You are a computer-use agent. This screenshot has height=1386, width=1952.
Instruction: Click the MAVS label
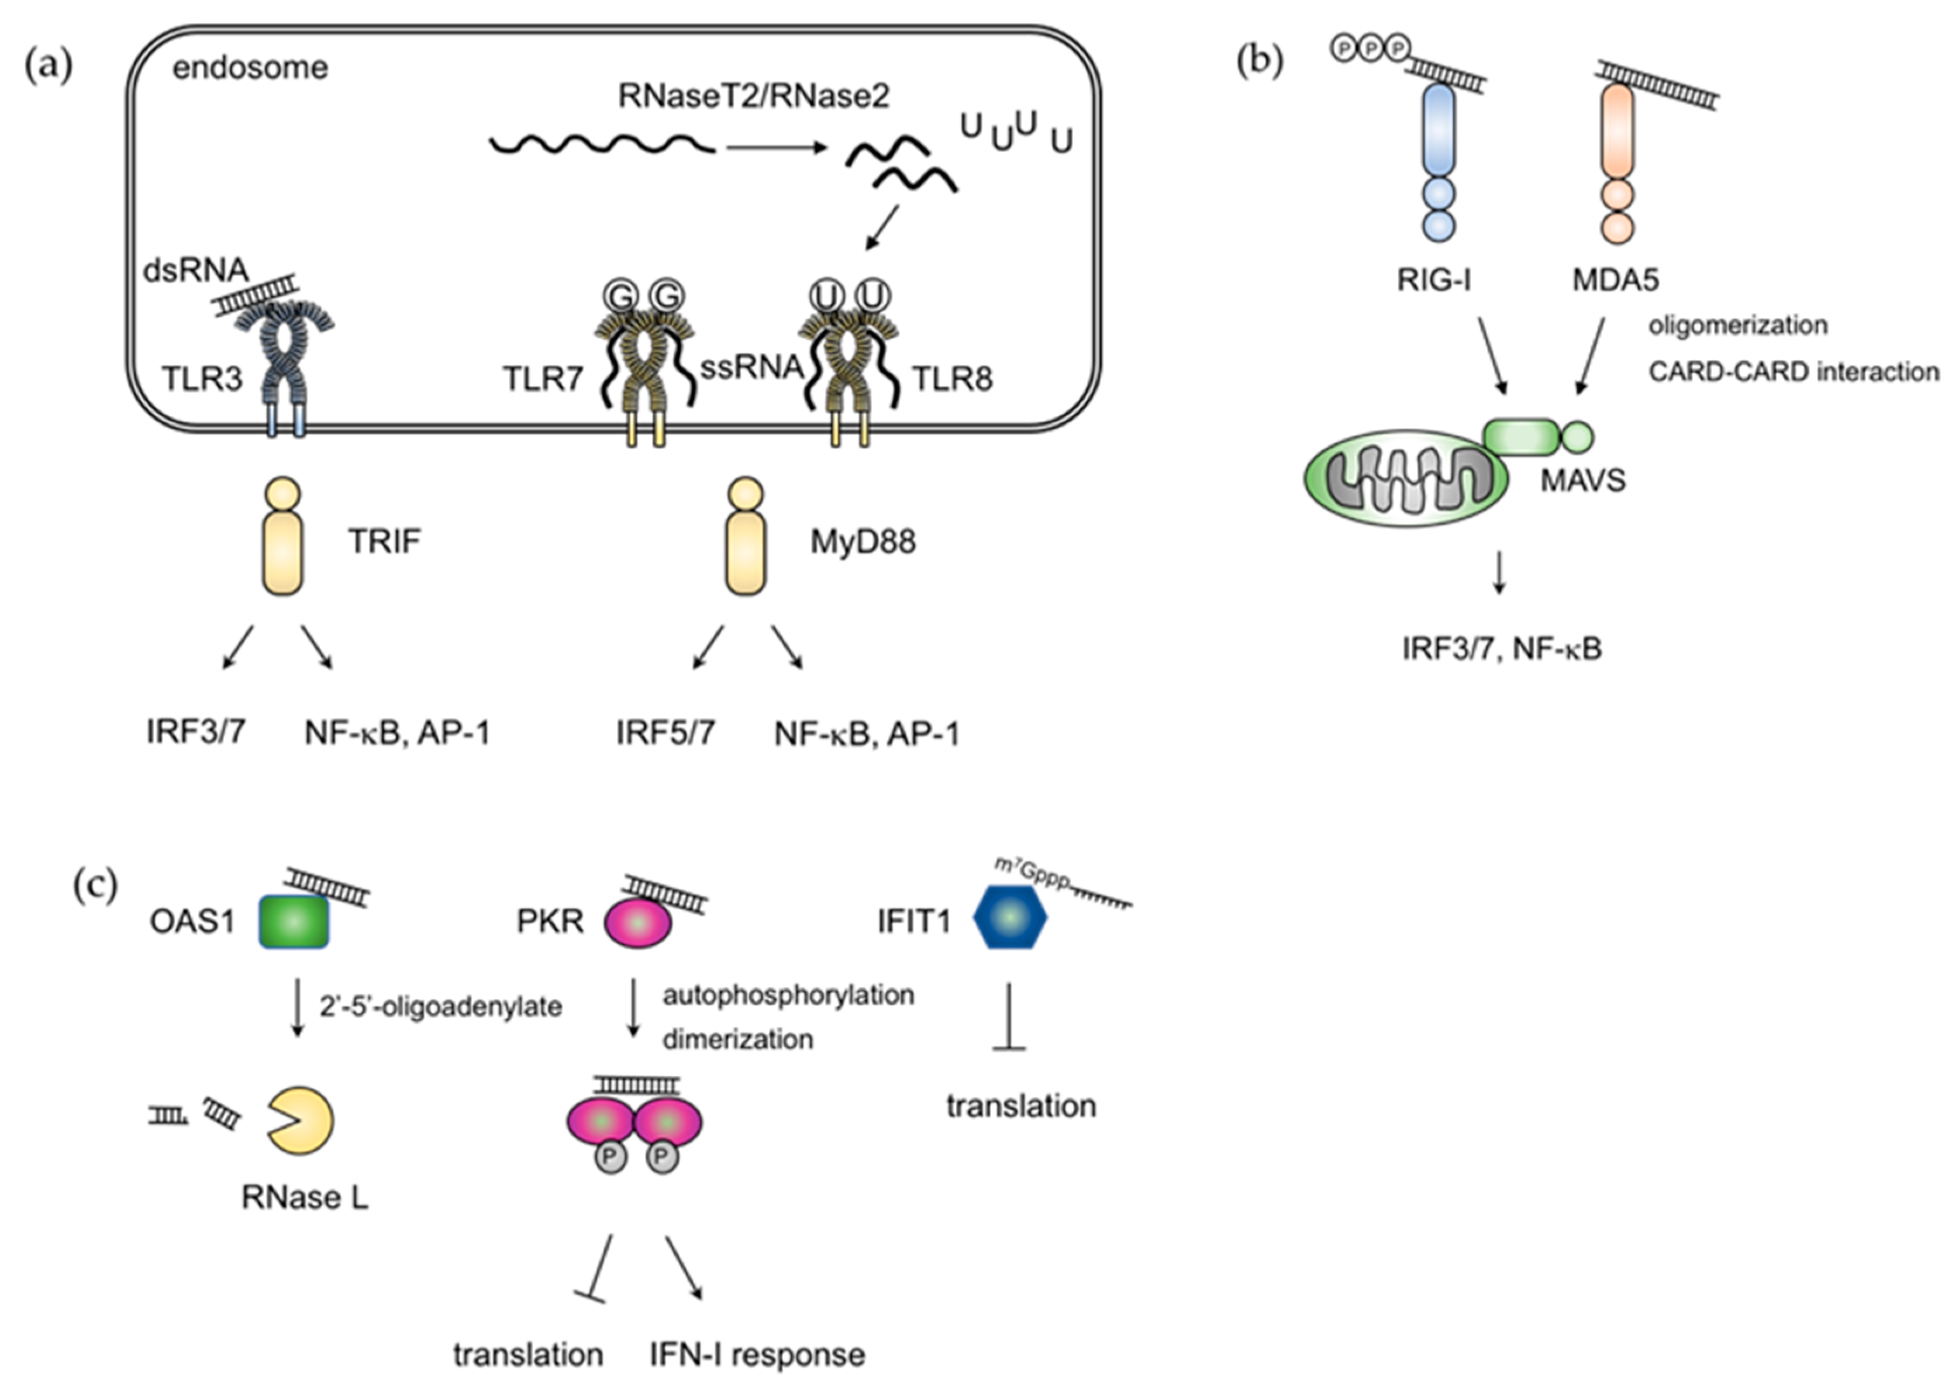pos(1582,481)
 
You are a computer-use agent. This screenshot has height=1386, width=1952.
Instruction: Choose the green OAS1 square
pos(293,922)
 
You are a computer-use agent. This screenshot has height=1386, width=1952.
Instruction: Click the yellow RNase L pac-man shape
pos(301,1121)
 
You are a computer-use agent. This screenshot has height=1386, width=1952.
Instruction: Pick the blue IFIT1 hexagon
pos(1010,917)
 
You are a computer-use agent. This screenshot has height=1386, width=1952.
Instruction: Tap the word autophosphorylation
pos(788,995)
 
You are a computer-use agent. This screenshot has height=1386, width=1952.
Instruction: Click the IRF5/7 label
pos(665,732)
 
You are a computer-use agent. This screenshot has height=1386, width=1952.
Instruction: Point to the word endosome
pos(250,67)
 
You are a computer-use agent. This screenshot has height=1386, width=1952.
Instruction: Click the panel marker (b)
pos(1260,63)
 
